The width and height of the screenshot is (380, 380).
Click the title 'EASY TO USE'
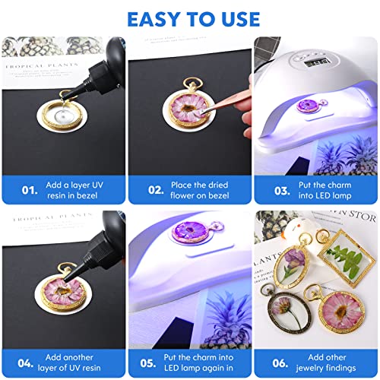click(x=190, y=18)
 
